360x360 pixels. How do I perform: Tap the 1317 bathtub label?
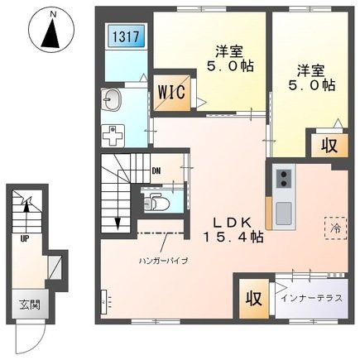[x=126, y=36]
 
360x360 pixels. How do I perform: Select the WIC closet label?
[x=171, y=93]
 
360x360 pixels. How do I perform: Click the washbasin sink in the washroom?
[x=112, y=99]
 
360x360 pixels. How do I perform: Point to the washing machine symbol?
[x=113, y=136]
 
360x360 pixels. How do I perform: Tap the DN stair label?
[x=156, y=171]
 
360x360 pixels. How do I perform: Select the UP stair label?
[x=25, y=239]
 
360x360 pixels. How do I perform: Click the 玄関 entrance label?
[x=30, y=305]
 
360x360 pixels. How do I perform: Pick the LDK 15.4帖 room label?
[x=233, y=229]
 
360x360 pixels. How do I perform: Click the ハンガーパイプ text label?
[x=163, y=260]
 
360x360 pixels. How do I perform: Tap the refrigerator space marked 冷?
[x=336, y=228]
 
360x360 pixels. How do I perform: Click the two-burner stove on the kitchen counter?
[x=284, y=179]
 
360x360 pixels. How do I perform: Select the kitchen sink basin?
[x=284, y=211]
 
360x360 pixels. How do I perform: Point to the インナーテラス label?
[x=312, y=298]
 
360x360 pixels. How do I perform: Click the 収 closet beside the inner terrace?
[x=254, y=299]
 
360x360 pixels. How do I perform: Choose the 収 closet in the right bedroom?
[x=329, y=146]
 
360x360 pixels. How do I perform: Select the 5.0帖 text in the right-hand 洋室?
[x=312, y=85]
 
